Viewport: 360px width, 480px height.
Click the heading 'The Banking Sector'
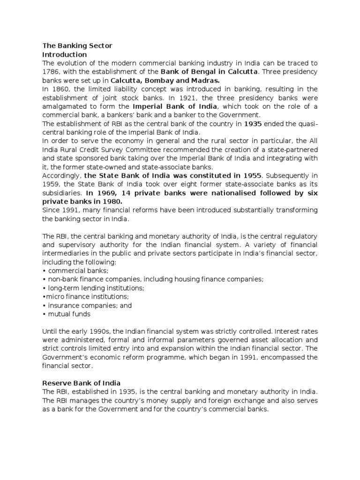tap(77, 45)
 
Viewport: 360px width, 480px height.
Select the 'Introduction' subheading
tap(65, 54)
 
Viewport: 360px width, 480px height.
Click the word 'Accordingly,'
tap(61, 176)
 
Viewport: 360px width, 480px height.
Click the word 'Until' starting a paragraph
tap(50, 331)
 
